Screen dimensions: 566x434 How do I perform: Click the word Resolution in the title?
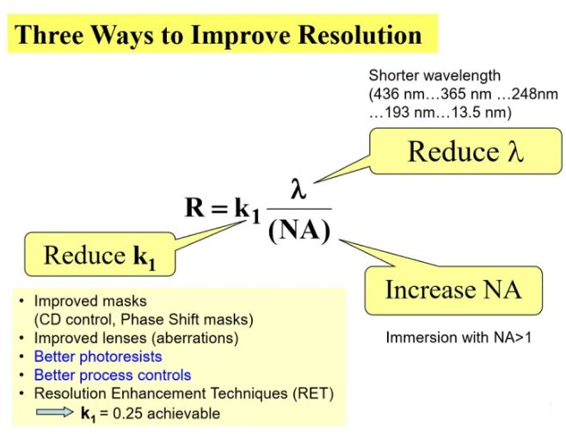coord(360,35)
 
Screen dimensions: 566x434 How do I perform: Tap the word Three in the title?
coord(49,35)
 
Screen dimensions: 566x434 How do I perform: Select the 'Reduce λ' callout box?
coord(465,151)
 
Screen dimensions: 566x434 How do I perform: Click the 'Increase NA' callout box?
coord(453,290)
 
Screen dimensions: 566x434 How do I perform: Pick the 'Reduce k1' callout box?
coord(100,254)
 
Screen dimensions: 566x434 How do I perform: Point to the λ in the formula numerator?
coord(298,189)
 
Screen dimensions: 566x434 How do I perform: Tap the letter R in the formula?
coord(195,207)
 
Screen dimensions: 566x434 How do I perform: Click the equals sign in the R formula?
coord(219,209)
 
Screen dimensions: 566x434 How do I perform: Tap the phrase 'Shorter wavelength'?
coord(434,76)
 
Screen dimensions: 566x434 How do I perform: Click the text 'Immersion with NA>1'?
coord(458,338)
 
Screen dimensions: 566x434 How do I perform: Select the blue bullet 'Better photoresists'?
coord(98,357)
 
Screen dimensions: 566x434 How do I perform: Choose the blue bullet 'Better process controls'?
coord(113,376)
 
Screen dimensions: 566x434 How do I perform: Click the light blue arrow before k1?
coord(54,412)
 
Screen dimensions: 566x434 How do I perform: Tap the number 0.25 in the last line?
coord(128,413)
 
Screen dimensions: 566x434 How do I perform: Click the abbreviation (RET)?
coord(313,394)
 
